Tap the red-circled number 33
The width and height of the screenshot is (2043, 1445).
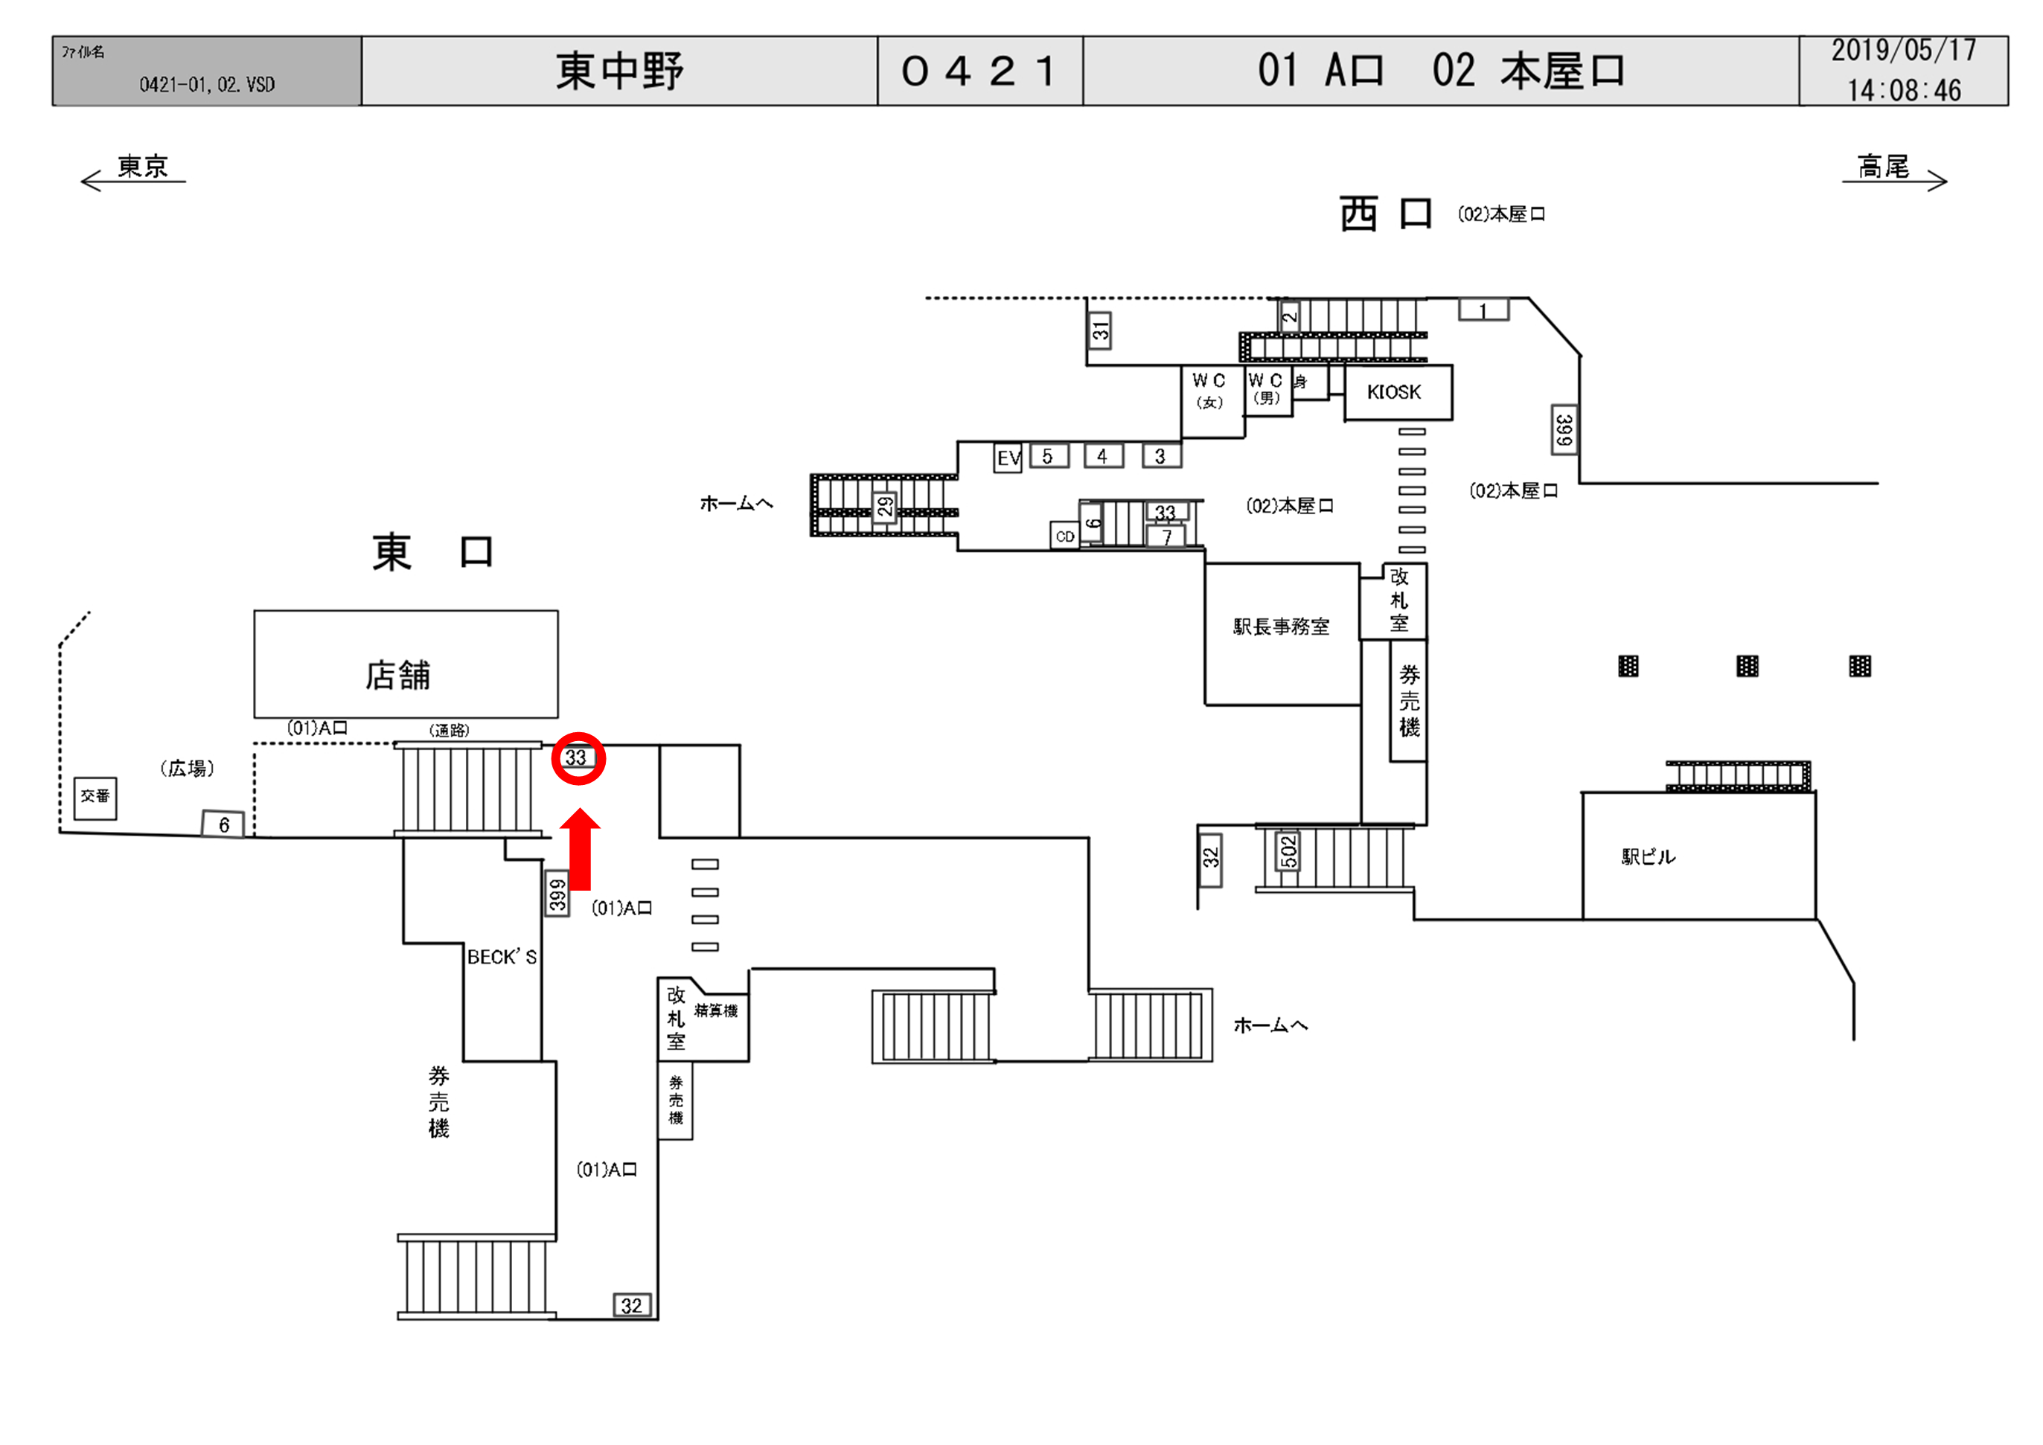tap(578, 758)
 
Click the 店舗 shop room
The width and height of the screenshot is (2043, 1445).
tap(406, 664)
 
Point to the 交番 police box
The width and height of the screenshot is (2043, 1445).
tap(95, 796)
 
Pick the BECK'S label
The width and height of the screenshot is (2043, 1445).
tap(502, 958)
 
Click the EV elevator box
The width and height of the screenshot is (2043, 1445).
tap(1007, 458)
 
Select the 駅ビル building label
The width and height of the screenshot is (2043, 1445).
tap(1648, 857)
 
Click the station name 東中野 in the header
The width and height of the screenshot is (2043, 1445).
tap(619, 71)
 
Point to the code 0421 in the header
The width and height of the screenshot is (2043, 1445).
tap(979, 71)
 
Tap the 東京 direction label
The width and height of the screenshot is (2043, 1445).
tap(142, 167)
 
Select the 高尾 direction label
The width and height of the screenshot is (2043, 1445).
tap(1883, 167)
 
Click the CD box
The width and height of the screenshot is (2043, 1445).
tap(1065, 536)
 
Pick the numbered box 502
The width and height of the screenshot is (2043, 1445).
tap(1288, 851)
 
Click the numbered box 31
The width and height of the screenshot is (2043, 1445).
tap(1100, 331)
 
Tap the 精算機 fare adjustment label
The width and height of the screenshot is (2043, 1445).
tap(715, 1010)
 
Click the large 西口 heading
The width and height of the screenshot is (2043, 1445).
tap(1385, 214)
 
